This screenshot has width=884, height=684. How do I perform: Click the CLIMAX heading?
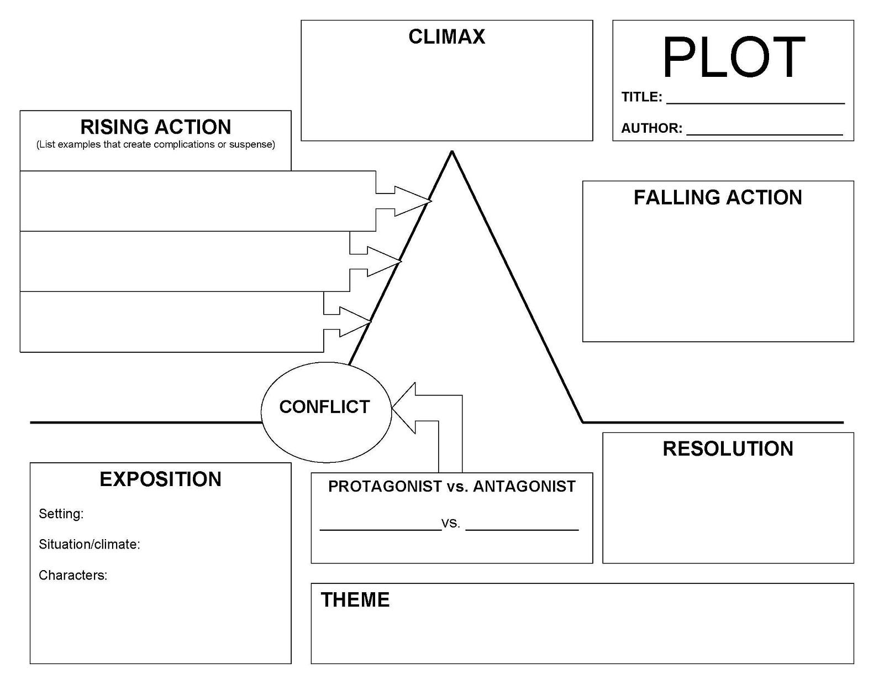pyautogui.click(x=446, y=37)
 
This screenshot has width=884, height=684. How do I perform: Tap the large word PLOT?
pyautogui.click(x=733, y=58)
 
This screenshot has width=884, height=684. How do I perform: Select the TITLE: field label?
pyautogui.click(x=641, y=97)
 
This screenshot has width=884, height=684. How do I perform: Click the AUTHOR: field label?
pyautogui.click(x=651, y=128)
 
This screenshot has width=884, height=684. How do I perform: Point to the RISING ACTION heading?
pyautogui.click(x=156, y=127)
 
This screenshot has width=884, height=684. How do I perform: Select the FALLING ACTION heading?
pyautogui.click(x=718, y=197)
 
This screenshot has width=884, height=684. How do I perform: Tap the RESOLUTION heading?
pyautogui.click(x=728, y=448)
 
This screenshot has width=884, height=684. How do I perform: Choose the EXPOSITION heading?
pyautogui.click(x=160, y=479)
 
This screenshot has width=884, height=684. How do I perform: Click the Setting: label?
pyautogui.click(x=61, y=514)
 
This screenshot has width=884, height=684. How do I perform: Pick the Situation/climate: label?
pyautogui.click(x=90, y=545)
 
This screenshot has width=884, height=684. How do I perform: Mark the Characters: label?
pyautogui.click(x=73, y=576)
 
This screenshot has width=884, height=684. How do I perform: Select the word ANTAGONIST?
pyautogui.click(x=524, y=487)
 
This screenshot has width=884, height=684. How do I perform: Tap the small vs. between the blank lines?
pyautogui.click(x=451, y=523)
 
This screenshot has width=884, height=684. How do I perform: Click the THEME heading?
pyautogui.click(x=355, y=600)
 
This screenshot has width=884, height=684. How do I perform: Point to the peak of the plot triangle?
pyautogui.click(x=452, y=152)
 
